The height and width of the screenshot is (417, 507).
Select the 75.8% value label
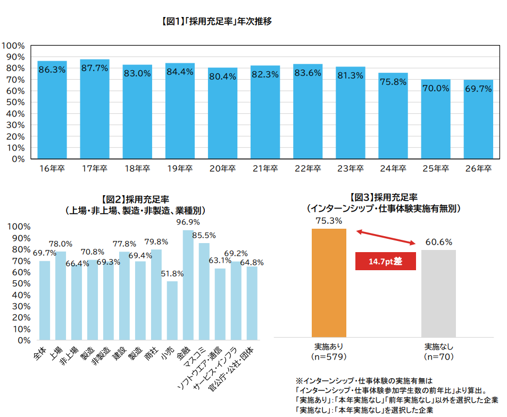click(x=393, y=82)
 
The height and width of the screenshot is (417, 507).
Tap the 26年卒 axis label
click(x=478, y=169)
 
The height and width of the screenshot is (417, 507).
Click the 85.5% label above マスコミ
click(x=204, y=235)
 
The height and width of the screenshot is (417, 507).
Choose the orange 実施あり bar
click(x=329, y=282)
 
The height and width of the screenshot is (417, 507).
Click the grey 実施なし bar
click(x=438, y=293)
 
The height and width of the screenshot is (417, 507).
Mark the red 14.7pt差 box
click(x=385, y=261)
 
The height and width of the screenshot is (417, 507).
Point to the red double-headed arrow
click(x=386, y=237)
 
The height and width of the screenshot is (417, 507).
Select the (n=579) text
click(x=329, y=356)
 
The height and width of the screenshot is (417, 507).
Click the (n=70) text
click(x=438, y=356)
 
